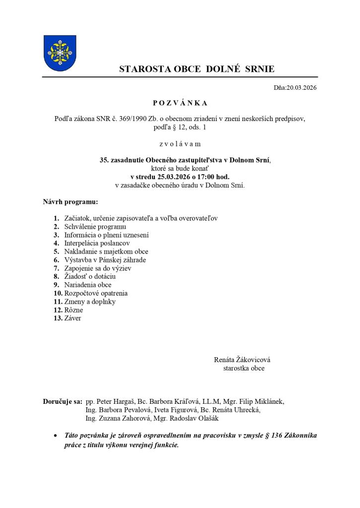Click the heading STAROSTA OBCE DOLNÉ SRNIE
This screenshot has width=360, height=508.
tap(196, 69)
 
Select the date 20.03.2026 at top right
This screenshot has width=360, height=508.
tap(301, 88)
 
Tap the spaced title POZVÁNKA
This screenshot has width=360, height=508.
tap(180, 103)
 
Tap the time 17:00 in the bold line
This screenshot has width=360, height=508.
tap(210, 176)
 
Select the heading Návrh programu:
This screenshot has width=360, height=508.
tap(71, 202)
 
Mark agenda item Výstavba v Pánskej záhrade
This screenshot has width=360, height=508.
tap(105, 260)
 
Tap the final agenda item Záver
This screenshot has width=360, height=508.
tap(72, 318)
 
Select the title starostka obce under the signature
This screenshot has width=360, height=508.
tap(244, 369)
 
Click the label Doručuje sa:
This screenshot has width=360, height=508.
tap(63, 401)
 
